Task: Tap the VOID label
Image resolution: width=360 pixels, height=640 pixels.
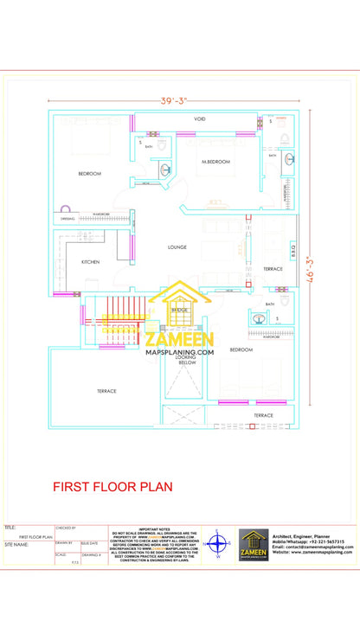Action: pyautogui.click(x=199, y=118)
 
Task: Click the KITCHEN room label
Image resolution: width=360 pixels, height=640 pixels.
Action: pyautogui.click(x=90, y=261)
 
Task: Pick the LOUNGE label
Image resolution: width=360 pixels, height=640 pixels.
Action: pyautogui.click(x=177, y=247)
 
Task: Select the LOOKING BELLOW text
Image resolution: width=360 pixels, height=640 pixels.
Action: pyautogui.click(x=187, y=361)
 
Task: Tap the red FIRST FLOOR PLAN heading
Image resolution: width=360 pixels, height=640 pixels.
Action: pyautogui.click(x=112, y=487)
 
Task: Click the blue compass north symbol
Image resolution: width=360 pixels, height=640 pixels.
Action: pyautogui.click(x=218, y=544)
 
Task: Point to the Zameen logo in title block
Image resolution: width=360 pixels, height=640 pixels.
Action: pyautogui.click(x=254, y=545)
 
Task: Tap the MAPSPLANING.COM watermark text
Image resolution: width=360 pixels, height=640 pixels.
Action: pyautogui.click(x=179, y=352)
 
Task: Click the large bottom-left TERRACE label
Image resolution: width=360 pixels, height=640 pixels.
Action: pyautogui.click(x=106, y=391)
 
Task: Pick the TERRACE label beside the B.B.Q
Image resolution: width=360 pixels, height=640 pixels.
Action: pyautogui.click(x=273, y=269)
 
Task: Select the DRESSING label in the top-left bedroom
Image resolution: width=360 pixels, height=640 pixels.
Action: pyautogui.click(x=67, y=219)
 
